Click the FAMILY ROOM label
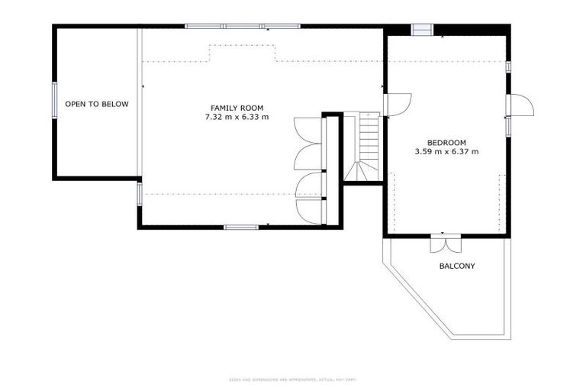click(237, 108)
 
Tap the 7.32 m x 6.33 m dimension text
click(237, 118)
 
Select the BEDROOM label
click(446, 142)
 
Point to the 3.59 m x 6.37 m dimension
click(446, 152)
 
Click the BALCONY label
click(457, 267)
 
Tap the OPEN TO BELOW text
click(97, 104)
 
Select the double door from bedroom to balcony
click(445, 243)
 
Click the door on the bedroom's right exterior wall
click(520, 105)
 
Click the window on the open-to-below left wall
click(54, 100)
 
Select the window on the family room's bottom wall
click(241, 227)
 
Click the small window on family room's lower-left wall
click(139, 194)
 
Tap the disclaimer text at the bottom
click(292, 380)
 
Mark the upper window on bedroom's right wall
click(507, 66)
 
